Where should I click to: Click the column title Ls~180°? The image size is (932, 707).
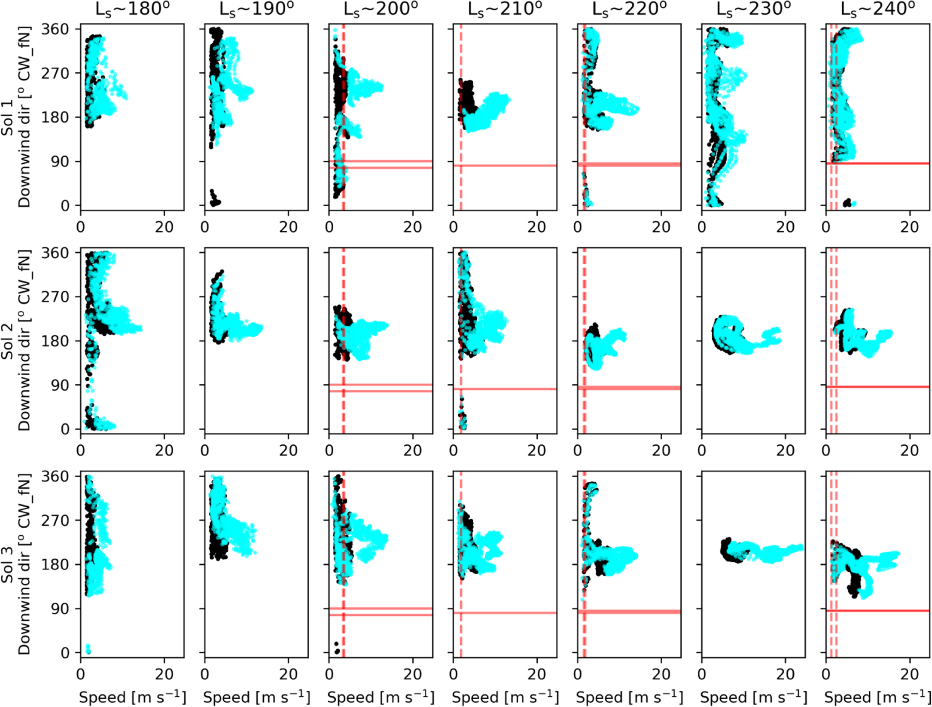pos(132,9)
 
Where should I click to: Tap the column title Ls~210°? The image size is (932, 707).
pos(505,9)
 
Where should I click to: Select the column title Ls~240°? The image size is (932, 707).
pos(877,9)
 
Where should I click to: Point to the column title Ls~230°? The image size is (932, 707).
pos(753,9)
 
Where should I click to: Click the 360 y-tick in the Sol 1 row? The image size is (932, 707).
pos(55,29)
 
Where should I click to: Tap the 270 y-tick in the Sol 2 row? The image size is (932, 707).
pos(55,297)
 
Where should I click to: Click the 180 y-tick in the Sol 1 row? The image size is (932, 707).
pos(55,117)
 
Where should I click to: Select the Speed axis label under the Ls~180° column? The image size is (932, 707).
pos(132,697)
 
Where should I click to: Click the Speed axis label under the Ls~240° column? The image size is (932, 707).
pos(877,697)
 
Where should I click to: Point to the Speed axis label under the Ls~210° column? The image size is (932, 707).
pos(505,697)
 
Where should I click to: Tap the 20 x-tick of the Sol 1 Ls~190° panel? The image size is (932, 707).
pos(288,226)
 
